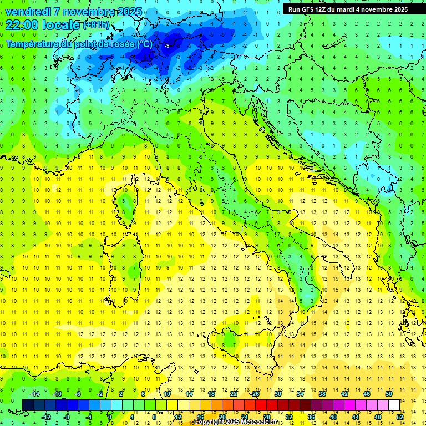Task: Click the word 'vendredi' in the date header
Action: [x=28, y=12]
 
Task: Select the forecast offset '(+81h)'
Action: [x=96, y=25]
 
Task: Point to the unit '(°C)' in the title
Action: [x=144, y=44]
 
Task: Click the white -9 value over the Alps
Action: [x=167, y=45]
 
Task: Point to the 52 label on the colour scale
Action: [x=400, y=417]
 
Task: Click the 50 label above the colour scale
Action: [x=389, y=393]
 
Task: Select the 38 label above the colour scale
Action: [x=322, y=393]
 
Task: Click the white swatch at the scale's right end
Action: [x=394, y=405]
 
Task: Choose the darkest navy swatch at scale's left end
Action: [x=28, y=405]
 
